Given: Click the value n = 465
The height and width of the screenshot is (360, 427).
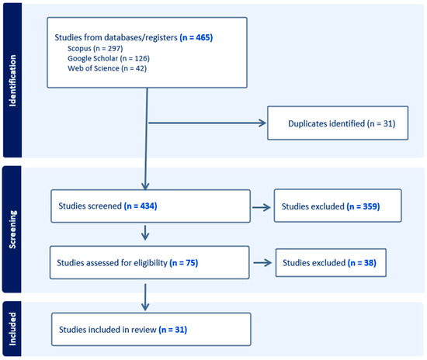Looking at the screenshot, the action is point(196,37).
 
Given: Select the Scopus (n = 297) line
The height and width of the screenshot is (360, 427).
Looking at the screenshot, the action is point(95,48).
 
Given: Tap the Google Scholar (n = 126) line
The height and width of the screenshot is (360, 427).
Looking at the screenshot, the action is point(109,58).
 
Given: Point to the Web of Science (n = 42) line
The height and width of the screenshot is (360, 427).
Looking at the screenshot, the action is point(107,68).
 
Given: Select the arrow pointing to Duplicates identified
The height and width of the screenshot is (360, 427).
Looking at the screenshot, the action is point(207,123).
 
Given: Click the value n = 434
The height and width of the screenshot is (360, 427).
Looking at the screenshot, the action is point(141,206).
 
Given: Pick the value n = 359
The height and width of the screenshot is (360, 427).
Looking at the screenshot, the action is point(363,206).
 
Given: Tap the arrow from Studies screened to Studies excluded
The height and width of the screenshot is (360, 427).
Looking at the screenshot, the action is point(262,208).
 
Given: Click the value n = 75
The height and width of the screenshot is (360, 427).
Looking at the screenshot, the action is point(184,263).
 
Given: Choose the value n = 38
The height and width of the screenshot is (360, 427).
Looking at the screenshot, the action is point(363,263).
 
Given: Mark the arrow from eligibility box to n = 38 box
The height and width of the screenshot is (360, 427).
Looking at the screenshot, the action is point(262,262).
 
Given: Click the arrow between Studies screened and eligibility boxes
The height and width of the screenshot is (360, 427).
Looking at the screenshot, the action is point(145,233).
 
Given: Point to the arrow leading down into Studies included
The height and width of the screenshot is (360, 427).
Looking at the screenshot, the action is point(145,297).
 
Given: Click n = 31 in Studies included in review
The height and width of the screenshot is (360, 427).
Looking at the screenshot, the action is point(173,330).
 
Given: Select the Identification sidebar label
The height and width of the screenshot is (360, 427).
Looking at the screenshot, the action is point(12,81).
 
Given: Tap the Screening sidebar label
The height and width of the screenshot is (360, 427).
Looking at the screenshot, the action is point(12,230).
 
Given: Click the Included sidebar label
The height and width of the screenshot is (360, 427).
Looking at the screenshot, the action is point(12,329).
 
